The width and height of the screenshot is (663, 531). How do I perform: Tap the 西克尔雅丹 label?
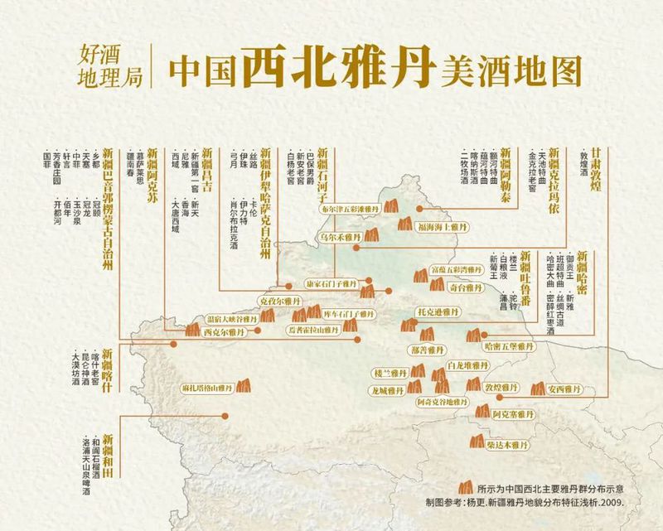tap(225, 332)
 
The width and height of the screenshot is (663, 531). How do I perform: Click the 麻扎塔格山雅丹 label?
tap(206, 388)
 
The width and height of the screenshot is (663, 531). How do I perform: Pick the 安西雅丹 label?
tap(566, 387)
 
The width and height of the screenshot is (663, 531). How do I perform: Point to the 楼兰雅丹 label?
tap(390, 374)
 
